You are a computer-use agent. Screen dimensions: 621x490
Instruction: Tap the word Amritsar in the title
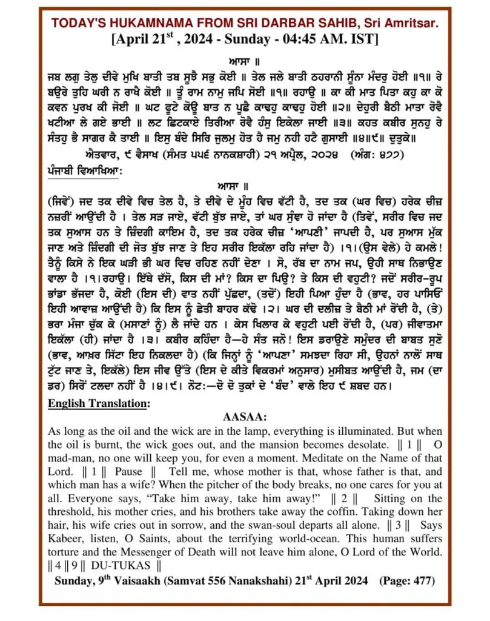point(411,23)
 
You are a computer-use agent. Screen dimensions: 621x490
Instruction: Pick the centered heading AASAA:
point(244,418)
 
